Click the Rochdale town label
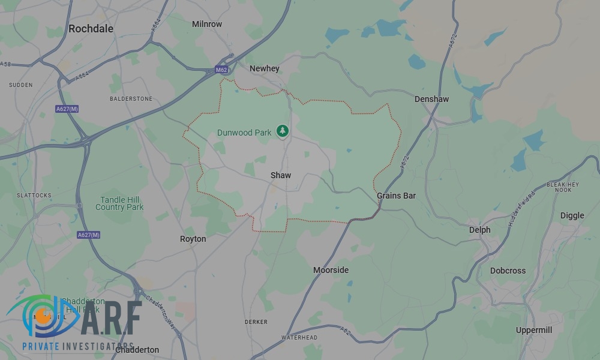(x=91, y=28)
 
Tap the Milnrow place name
(x=207, y=24)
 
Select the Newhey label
(x=265, y=68)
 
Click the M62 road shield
(x=221, y=70)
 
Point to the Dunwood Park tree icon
(x=282, y=131)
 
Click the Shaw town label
(x=281, y=175)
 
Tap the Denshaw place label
(x=431, y=99)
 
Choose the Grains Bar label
(x=396, y=196)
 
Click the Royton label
(x=193, y=239)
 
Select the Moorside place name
(x=331, y=270)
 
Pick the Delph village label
(x=479, y=230)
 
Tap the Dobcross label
(x=508, y=271)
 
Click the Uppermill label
(x=534, y=330)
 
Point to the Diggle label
(x=572, y=215)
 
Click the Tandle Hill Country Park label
(x=119, y=203)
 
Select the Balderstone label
(x=131, y=98)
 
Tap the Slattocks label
(x=34, y=196)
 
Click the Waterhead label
(x=299, y=338)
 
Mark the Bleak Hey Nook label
(x=563, y=187)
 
